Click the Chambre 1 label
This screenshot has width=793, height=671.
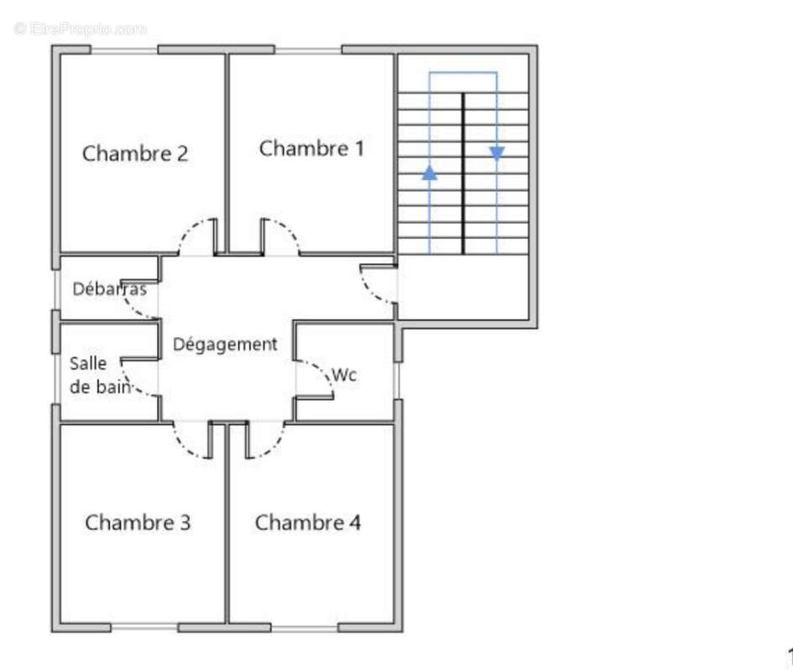click(311, 148)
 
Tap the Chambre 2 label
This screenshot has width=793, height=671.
click(135, 153)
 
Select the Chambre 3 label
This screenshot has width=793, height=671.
click(138, 523)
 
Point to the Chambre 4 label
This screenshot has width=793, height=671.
click(308, 523)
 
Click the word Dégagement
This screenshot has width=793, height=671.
click(225, 345)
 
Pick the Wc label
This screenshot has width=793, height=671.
click(344, 375)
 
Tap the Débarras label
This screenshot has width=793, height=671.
click(110, 289)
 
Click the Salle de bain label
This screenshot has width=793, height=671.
click(100, 375)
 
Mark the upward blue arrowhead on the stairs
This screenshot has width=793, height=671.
click(430, 173)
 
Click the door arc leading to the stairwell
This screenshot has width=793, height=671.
click(368, 292)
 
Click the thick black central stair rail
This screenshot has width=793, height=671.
click(462, 174)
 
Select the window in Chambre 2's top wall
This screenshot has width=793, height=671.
click(124, 50)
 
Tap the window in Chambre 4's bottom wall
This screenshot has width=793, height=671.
click(305, 628)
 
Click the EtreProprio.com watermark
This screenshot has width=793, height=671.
click(81, 29)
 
